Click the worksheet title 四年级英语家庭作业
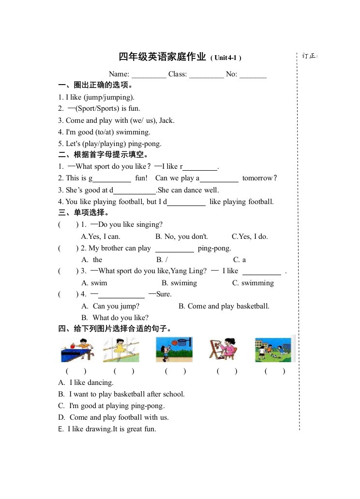click(163, 57)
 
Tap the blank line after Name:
click(149, 75)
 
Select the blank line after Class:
click(206, 75)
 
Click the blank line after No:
click(253, 75)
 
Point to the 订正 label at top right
click(309, 56)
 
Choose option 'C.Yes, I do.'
click(250, 236)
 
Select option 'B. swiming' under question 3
click(180, 283)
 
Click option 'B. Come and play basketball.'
click(224, 306)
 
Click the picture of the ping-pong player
click(77, 350)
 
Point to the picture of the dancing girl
click(121, 350)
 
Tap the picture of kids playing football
click(273, 350)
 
